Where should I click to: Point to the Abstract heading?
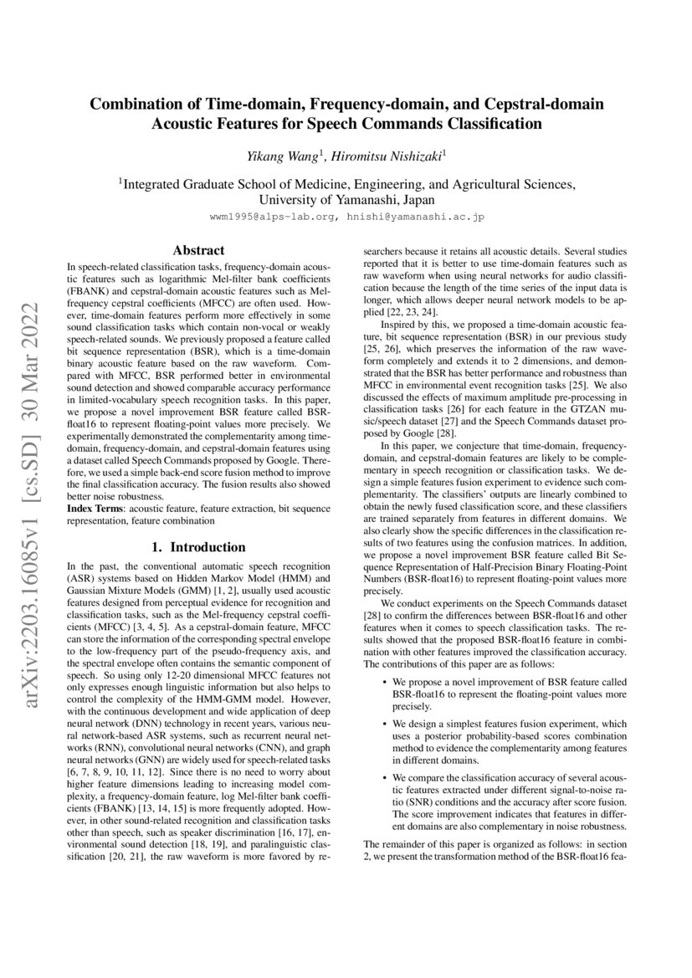click(x=197, y=250)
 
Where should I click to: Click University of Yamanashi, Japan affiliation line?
click(x=346, y=201)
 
